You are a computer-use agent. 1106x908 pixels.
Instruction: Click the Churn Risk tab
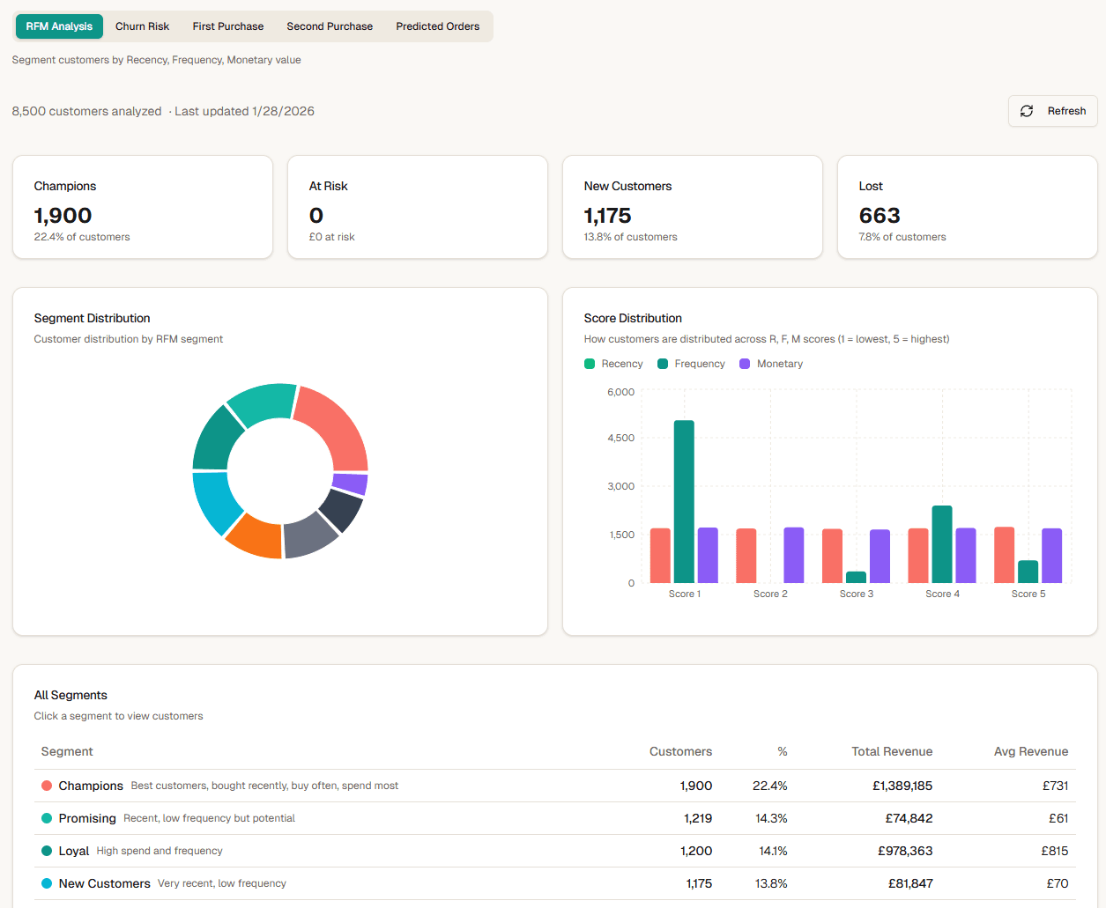[x=142, y=26]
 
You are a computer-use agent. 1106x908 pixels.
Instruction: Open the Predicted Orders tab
[x=437, y=26]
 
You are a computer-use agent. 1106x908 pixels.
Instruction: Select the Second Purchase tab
[x=330, y=26]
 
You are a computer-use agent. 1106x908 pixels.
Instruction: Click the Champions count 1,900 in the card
[x=63, y=216]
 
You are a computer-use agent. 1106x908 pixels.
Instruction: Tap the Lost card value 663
[x=879, y=216]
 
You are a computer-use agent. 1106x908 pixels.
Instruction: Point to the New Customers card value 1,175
[x=607, y=216]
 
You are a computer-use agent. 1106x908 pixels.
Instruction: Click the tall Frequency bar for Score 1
[x=684, y=502]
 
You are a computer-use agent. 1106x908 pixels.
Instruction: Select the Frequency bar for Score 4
[x=942, y=544]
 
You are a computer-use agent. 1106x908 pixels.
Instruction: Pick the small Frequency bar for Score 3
[x=856, y=577]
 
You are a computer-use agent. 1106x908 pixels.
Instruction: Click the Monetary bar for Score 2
[x=794, y=555]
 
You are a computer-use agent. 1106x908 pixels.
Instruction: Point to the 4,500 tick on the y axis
[x=620, y=438]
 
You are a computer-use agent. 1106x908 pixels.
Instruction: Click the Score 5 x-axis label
[x=1028, y=594]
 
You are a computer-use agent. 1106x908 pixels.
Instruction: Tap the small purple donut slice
[x=350, y=484]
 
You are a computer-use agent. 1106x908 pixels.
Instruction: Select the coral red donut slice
[x=333, y=426]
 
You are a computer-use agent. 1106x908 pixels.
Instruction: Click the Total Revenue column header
[x=891, y=751]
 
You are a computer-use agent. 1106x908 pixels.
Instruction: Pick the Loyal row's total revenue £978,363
[x=904, y=851]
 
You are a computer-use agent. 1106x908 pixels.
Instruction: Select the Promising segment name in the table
[x=87, y=818]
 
